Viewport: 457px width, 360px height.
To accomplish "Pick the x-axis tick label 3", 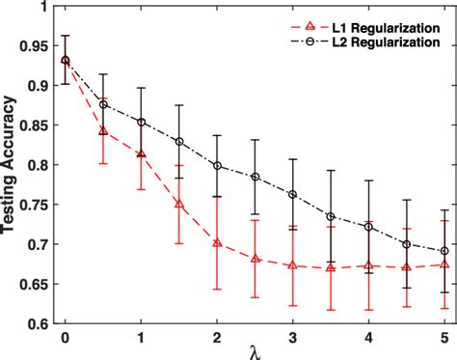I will coord(292,339).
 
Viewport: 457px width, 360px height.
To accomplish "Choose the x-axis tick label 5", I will coord(444,339).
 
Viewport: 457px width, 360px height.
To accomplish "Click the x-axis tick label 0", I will coord(65,339).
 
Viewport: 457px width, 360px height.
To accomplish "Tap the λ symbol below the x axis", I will coord(254,353).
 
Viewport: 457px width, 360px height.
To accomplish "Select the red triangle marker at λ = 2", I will coord(217,242).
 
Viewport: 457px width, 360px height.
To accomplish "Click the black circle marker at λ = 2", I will coord(217,165).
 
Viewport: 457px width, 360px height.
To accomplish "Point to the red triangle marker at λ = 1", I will coord(141,153).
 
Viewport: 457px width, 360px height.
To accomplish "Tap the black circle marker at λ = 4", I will coord(368,226).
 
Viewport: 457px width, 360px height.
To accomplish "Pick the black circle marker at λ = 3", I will coord(292,194).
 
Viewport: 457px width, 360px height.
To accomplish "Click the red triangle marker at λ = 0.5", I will coord(103,130).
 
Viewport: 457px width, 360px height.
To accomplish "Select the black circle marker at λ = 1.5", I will coord(179,141).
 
